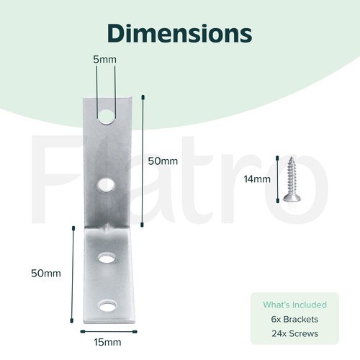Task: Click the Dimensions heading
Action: [179, 33]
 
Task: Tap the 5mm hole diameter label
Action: [104, 60]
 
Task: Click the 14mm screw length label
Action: [257, 179]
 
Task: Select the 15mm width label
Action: [107, 342]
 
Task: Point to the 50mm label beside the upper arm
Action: [163, 161]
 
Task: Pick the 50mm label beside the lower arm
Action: [46, 274]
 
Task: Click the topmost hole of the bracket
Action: [106, 117]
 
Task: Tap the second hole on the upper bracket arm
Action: [106, 185]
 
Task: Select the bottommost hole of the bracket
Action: [107, 306]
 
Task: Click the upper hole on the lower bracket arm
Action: [107, 258]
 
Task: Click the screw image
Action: [292, 179]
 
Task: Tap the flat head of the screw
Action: [292, 198]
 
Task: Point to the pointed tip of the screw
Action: [292, 157]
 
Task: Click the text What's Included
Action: [294, 305]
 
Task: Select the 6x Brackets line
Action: [294, 319]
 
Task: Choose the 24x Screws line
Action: [294, 333]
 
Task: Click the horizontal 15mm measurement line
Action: [109, 332]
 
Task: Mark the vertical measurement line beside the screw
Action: [278, 179]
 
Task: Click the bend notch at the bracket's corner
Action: [107, 228]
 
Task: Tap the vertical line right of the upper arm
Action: [143, 161]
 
